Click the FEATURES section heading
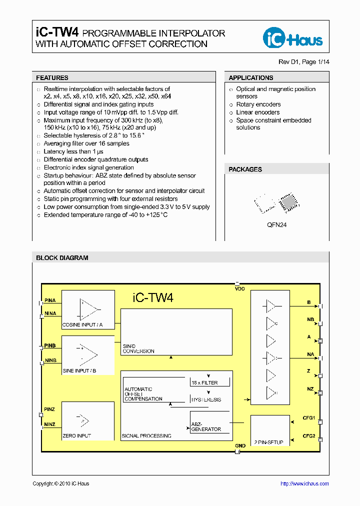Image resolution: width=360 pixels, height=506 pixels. (52, 78)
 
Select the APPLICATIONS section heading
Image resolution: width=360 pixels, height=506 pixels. (251, 78)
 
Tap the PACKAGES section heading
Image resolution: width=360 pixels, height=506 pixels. (245, 169)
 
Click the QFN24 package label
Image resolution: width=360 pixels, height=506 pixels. (276, 225)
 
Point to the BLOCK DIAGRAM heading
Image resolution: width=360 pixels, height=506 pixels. (62, 258)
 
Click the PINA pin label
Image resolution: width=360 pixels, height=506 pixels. (50, 300)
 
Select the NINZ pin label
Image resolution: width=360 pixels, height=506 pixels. (50, 424)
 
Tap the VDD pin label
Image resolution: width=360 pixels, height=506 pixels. (240, 289)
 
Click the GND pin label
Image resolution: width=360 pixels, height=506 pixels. (240, 445)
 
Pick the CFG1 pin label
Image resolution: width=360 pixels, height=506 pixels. (308, 418)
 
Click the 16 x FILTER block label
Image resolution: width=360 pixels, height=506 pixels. (204, 382)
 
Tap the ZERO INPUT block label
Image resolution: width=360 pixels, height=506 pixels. (76, 436)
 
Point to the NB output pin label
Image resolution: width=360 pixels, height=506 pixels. (310, 319)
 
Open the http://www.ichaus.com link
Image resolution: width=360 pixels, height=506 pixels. (304, 483)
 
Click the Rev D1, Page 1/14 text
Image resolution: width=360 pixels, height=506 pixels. (303, 62)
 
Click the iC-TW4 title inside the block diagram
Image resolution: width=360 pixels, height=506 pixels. (153, 298)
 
